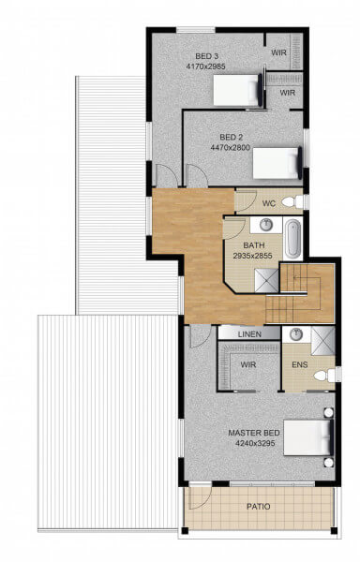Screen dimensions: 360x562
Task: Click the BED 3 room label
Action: point(206,56)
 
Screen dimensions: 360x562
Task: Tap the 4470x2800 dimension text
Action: point(231,147)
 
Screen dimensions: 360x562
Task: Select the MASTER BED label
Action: point(254,433)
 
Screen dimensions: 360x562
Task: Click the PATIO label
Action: point(258,507)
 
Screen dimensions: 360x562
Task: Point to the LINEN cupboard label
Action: point(249,334)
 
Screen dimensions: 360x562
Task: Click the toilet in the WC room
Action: point(292,201)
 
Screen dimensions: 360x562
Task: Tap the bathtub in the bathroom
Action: point(292,238)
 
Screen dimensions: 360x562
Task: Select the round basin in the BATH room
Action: point(266,225)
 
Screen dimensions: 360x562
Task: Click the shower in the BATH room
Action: point(266,281)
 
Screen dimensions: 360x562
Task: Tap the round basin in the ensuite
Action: point(296,334)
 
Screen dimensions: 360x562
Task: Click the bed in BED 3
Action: point(238,90)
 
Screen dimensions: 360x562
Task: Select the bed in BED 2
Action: point(277,163)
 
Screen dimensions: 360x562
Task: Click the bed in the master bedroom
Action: point(308,437)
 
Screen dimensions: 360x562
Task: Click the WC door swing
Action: point(246,200)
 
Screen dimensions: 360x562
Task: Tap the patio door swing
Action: point(201,497)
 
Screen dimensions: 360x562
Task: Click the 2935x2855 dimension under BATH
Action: point(252,256)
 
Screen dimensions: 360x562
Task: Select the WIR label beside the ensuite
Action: point(248,364)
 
